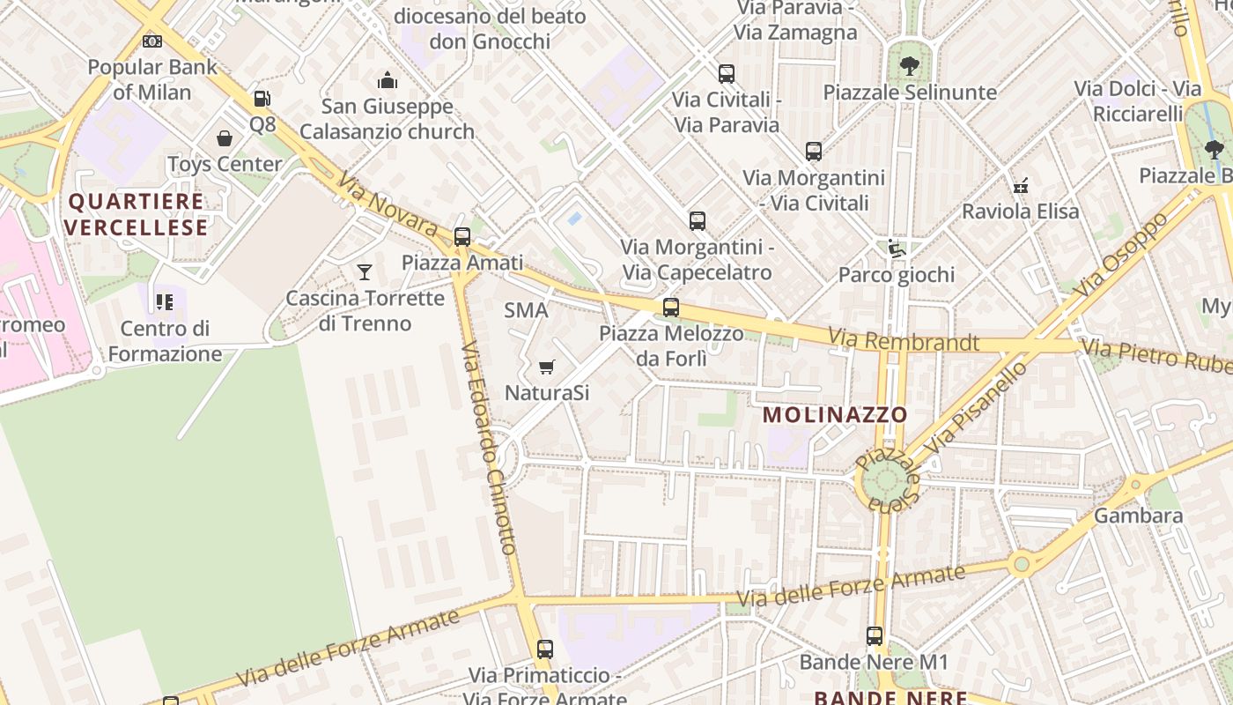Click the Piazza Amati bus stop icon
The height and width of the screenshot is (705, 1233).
[x=462, y=236]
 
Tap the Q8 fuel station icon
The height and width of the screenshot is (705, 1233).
[x=262, y=99]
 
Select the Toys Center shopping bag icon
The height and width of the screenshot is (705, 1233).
[x=225, y=138]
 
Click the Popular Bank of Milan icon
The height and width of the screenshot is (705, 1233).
[x=152, y=41]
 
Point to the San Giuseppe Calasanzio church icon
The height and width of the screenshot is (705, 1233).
[x=388, y=81]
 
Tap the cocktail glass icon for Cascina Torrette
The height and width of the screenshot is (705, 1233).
[x=365, y=271]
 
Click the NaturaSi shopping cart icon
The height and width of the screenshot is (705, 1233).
[x=547, y=367]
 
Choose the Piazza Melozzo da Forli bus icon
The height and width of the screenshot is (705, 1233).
[x=671, y=308]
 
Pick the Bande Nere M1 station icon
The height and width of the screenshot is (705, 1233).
[x=875, y=635]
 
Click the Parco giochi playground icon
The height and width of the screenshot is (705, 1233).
[x=897, y=249]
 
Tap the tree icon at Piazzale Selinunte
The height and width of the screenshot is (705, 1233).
[x=910, y=66]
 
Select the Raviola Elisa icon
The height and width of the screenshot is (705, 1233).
[x=1021, y=186]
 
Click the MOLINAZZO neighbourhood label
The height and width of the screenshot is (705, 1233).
[x=835, y=414]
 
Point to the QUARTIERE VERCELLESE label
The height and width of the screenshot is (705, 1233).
[x=137, y=214]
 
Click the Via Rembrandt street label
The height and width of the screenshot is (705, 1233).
[x=904, y=340]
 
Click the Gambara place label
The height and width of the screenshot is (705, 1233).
[x=1139, y=516]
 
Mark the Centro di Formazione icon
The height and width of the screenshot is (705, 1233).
[x=165, y=302]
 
